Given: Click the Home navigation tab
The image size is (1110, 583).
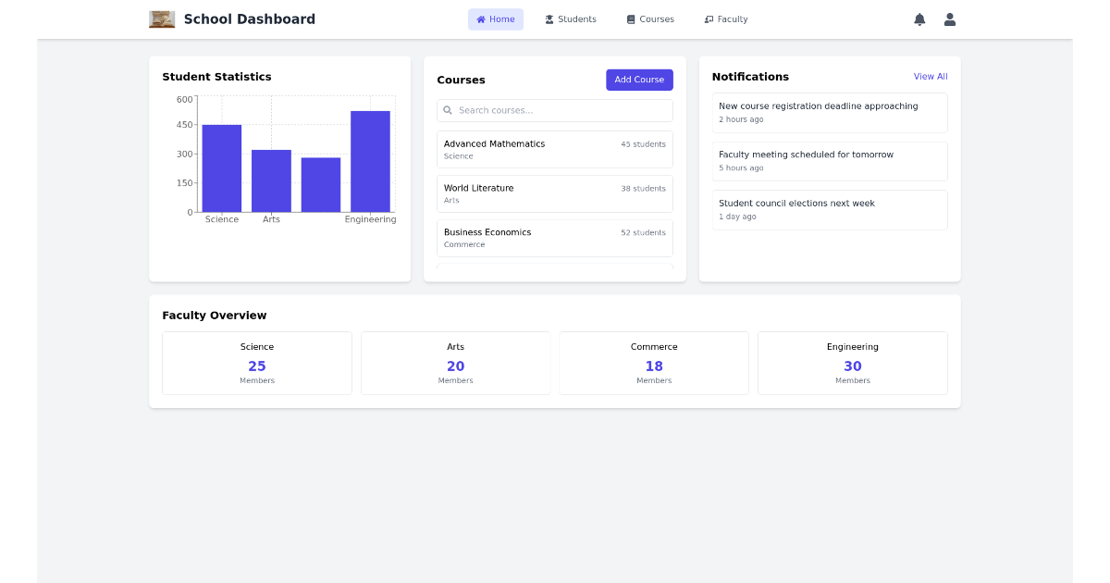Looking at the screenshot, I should point(495,19).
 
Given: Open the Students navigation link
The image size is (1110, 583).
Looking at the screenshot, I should point(570,19).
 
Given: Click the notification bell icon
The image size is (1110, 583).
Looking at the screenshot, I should point(919,19).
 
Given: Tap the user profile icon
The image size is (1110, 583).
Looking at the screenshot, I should point(949,19).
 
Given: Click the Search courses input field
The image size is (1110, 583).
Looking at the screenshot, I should point(555,111).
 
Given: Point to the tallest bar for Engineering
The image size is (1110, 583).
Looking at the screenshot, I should point(370,161).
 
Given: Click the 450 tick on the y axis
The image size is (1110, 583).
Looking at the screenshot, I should point(185,125).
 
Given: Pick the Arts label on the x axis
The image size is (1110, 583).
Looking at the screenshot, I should point(271,220).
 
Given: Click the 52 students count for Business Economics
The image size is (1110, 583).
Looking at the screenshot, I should point(643,233).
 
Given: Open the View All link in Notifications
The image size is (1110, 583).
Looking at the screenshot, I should point(931,77).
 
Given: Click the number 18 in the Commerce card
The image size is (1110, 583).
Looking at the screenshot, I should point(654,366).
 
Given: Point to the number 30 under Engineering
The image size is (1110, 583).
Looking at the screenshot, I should point(852,366).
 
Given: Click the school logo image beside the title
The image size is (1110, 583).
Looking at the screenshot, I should point(162,19).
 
